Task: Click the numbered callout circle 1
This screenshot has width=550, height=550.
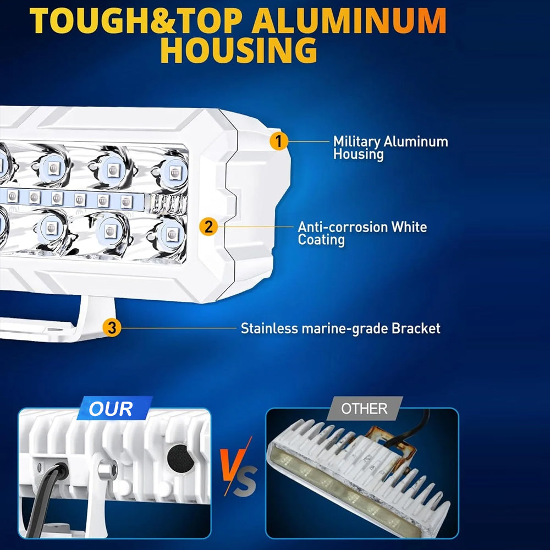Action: (279, 141)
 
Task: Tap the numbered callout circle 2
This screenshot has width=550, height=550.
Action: (208, 227)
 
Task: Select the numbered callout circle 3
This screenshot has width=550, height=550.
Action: (112, 328)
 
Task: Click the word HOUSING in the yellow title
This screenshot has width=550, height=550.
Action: (239, 50)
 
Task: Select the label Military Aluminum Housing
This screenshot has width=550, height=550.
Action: (391, 147)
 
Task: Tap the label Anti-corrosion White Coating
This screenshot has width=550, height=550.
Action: (362, 233)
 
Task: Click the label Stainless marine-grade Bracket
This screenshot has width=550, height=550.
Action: (340, 329)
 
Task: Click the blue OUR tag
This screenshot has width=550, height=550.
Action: (114, 408)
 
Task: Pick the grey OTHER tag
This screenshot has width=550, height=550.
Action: (365, 408)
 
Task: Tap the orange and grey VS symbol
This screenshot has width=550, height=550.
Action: (239, 467)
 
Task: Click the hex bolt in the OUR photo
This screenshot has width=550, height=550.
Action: (107, 469)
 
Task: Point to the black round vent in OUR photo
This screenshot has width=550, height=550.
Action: (180, 458)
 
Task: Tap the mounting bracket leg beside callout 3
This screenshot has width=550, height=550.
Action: (95, 317)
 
